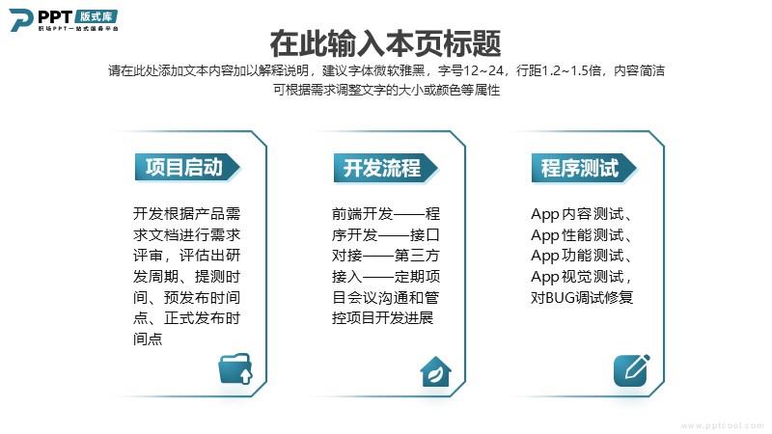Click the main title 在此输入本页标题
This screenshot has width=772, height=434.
coord(385,43)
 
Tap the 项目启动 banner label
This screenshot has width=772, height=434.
coord(187,167)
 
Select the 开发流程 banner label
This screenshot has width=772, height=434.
coord(385,168)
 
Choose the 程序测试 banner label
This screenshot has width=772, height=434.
coord(584,168)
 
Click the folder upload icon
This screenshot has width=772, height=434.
coord(235,368)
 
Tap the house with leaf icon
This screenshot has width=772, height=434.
coord(436,371)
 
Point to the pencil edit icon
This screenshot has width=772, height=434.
coord(632,370)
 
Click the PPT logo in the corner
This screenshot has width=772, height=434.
coord(64,20)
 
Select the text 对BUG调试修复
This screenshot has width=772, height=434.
coord(582,297)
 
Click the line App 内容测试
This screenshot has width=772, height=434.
coord(581,214)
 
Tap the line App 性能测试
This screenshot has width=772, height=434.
coord(581,234)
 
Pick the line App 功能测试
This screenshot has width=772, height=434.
coord(581,256)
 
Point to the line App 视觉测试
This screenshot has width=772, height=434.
coord(581,277)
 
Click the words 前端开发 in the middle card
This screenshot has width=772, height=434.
coord(363,213)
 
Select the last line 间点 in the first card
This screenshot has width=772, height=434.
coord(148,339)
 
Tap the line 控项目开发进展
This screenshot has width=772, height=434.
coord(382,318)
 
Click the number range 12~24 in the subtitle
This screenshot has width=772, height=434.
coord(483,70)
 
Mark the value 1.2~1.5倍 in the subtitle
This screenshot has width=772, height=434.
coord(571,70)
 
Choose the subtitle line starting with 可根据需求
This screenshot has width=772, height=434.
coord(387,90)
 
